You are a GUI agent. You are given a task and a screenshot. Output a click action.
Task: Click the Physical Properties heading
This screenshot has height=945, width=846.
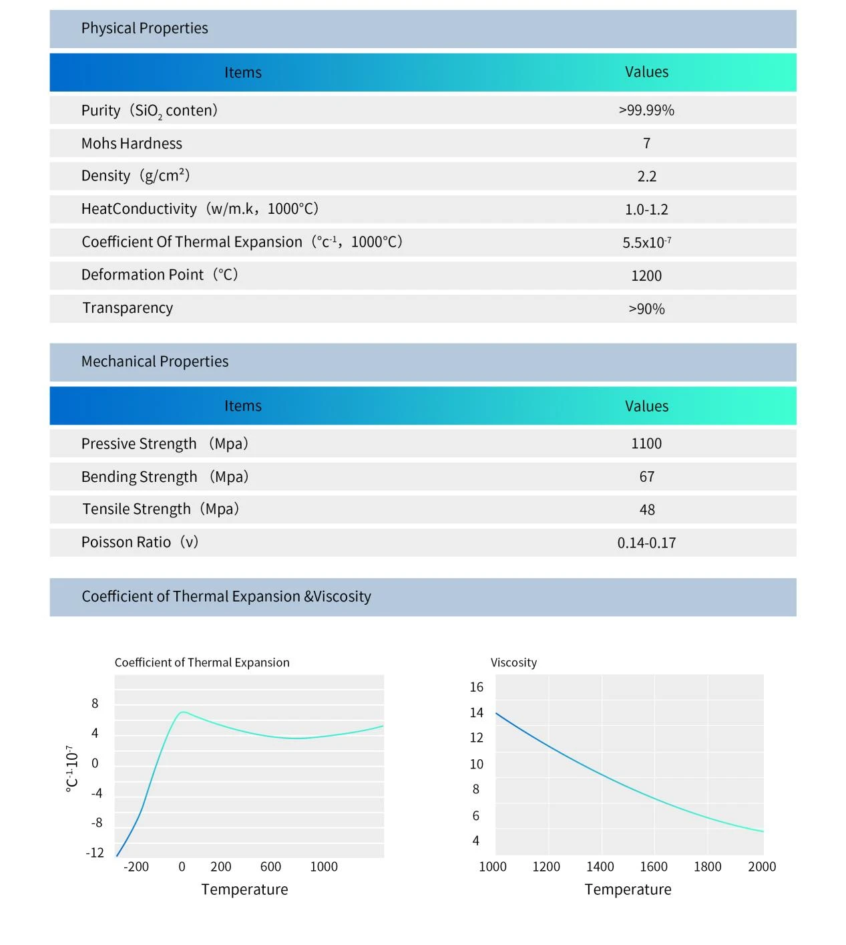click(x=144, y=29)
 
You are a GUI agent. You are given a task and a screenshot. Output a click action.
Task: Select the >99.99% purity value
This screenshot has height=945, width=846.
click(x=646, y=110)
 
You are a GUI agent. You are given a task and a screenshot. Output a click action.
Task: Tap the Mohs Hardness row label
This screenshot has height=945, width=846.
click(x=132, y=143)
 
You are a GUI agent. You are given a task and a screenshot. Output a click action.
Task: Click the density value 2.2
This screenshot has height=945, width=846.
click(x=646, y=176)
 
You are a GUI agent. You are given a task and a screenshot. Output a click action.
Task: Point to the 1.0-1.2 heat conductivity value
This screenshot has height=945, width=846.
click(x=646, y=209)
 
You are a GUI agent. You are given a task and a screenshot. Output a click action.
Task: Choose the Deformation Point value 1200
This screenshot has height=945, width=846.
click(x=646, y=275)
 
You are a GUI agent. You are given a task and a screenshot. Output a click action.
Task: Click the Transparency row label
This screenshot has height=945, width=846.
click(x=128, y=308)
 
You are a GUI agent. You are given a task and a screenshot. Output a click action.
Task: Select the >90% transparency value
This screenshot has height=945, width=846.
click(x=646, y=309)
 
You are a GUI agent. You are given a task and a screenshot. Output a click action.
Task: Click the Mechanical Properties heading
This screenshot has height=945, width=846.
click(x=155, y=362)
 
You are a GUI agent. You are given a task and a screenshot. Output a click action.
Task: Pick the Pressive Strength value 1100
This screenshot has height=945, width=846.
click(x=646, y=443)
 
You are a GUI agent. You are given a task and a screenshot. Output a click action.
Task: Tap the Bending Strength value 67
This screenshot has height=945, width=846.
click(x=646, y=477)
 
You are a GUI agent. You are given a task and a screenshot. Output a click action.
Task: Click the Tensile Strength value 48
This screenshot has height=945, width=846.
click(x=646, y=509)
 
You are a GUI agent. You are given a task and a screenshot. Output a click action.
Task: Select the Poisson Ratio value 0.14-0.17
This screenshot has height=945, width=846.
click(x=646, y=543)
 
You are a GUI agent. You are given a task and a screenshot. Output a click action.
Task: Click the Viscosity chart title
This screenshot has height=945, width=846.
click(x=513, y=662)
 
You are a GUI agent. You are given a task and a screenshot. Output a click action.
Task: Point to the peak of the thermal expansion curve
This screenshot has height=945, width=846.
click(x=183, y=712)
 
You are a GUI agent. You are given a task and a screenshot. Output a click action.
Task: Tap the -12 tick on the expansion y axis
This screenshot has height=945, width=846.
click(x=95, y=853)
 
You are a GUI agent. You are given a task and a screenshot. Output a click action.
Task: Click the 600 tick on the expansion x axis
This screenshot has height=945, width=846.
click(x=270, y=867)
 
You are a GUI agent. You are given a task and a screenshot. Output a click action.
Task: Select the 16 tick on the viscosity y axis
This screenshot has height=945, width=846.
click(x=476, y=687)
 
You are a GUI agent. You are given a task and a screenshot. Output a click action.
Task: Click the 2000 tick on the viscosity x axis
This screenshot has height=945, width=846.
click(x=762, y=867)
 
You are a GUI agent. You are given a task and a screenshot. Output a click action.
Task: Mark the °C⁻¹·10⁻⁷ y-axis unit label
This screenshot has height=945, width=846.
click(x=72, y=768)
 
